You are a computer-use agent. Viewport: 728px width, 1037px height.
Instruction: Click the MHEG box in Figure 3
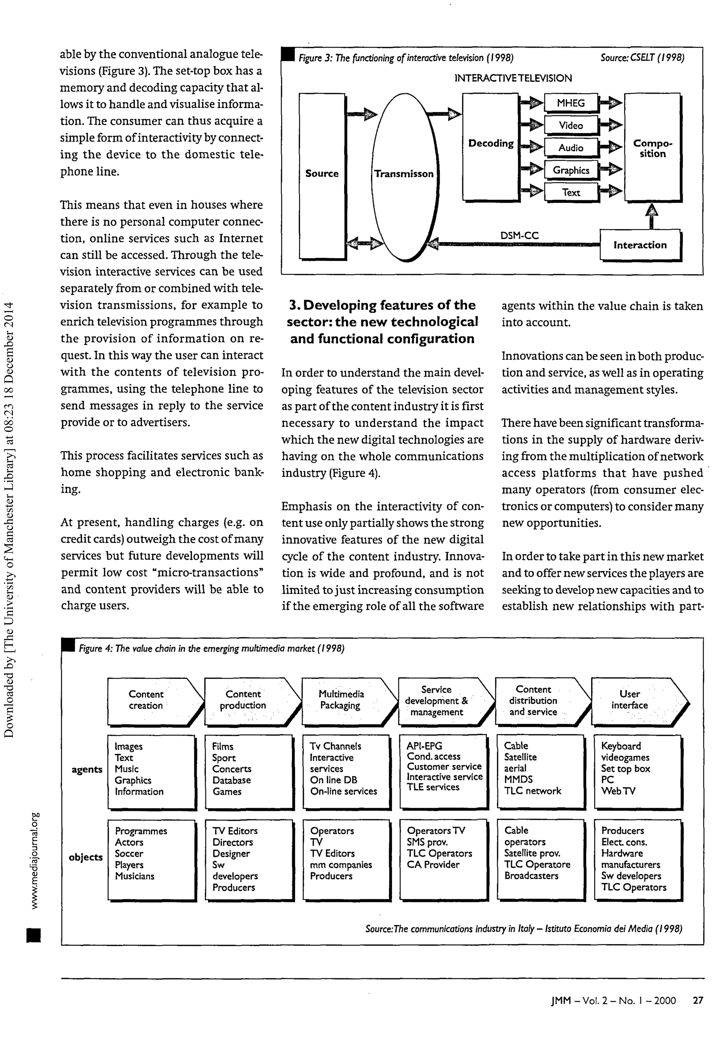pos(571,103)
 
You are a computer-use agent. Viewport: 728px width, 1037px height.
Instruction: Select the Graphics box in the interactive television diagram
pos(571,170)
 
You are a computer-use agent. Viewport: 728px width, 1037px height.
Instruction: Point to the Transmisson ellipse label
pos(403,174)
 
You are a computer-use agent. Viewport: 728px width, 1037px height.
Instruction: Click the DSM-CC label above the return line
pos(519,235)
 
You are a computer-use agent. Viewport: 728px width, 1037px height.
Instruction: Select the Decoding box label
pos(491,144)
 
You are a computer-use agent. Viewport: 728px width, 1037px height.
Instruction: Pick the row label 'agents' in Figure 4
pos(87,769)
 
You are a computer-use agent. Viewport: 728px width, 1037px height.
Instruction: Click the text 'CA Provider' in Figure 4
pos(433,865)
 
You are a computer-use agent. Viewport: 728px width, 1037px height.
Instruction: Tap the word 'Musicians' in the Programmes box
pos(134,876)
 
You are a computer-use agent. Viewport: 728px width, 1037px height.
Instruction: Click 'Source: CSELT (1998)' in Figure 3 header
pos(642,58)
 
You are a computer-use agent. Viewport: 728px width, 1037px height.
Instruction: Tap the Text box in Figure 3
pos(571,193)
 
